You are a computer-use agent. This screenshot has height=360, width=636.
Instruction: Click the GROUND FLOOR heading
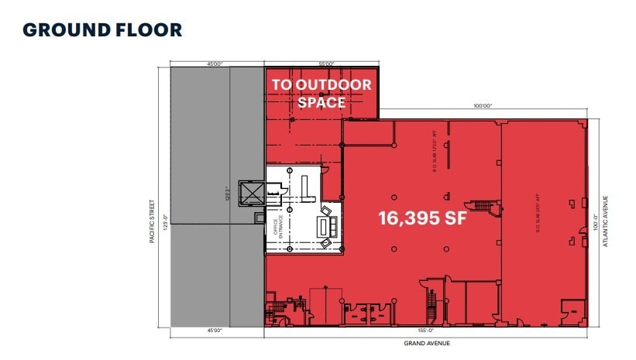[102, 30]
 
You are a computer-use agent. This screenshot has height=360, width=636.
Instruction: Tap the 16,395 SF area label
[422, 218]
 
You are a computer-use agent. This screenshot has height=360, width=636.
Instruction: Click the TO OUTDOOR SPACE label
[321, 93]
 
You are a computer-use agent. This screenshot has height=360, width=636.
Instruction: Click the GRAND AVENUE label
[427, 343]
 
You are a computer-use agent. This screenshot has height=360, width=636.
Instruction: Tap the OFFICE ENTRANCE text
[275, 226]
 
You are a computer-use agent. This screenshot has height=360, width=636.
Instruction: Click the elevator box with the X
[253, 193]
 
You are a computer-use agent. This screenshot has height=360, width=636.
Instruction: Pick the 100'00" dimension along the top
[481, 105]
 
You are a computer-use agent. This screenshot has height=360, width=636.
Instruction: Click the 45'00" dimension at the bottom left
[215, 331]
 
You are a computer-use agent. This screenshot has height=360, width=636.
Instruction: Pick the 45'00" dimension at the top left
[215, 64]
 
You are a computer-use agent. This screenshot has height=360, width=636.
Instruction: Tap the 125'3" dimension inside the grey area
[226, 194]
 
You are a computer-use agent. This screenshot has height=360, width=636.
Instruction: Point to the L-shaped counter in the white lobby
[305, 186]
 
